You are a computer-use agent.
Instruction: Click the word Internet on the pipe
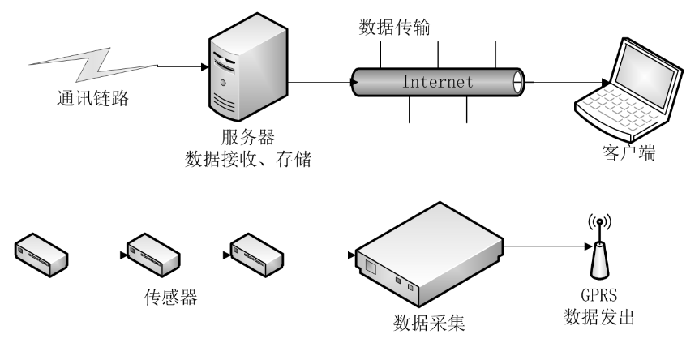click(x=437, y=82)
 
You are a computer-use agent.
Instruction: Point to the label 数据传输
click(x=394, y=28)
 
